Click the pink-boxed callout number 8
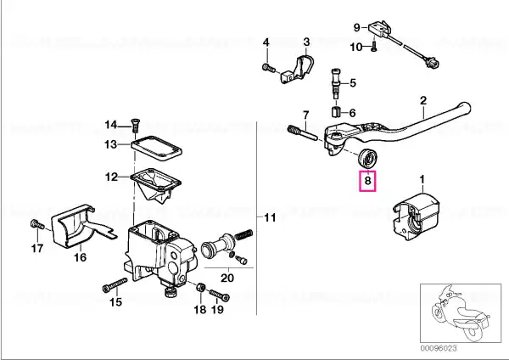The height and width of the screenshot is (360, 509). click(367, 180)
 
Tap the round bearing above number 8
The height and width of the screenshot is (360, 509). click(367, 158)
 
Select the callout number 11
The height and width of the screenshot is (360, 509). click(270, 217)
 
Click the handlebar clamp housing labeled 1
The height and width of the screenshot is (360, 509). click(417, 217)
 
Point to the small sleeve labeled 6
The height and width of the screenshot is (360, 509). click(336, 112)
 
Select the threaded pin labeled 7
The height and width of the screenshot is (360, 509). click(302, 132)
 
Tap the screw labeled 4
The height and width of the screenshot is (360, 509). click(268, 68)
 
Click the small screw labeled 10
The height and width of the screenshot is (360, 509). click(373, 47)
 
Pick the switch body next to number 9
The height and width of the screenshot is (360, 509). click(379, 27)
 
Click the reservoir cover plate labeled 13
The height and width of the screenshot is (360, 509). click(156, 149)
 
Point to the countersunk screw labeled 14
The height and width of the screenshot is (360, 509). click(135, 125)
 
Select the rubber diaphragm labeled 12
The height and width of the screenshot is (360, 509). click(156, 184)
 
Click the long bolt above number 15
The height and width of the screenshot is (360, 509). click(115, 285)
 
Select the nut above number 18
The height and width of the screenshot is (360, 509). click(200, 287)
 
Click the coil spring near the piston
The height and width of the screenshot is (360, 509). click(243, 234)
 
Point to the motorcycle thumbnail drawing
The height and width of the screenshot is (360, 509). click(461, 313)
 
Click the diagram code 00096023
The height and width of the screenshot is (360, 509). click(439, 348)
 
